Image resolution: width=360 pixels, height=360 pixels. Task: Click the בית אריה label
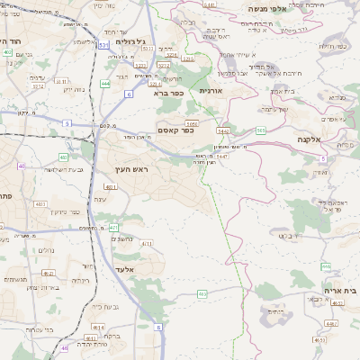[338, 292]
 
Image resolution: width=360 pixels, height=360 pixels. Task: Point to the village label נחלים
[47, 250]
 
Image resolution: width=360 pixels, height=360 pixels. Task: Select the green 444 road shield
[105, 83]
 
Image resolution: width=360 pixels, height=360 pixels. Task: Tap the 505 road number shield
[260, 130]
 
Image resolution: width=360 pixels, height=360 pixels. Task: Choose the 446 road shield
[326, 266]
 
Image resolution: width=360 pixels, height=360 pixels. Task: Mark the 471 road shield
[114, 228]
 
